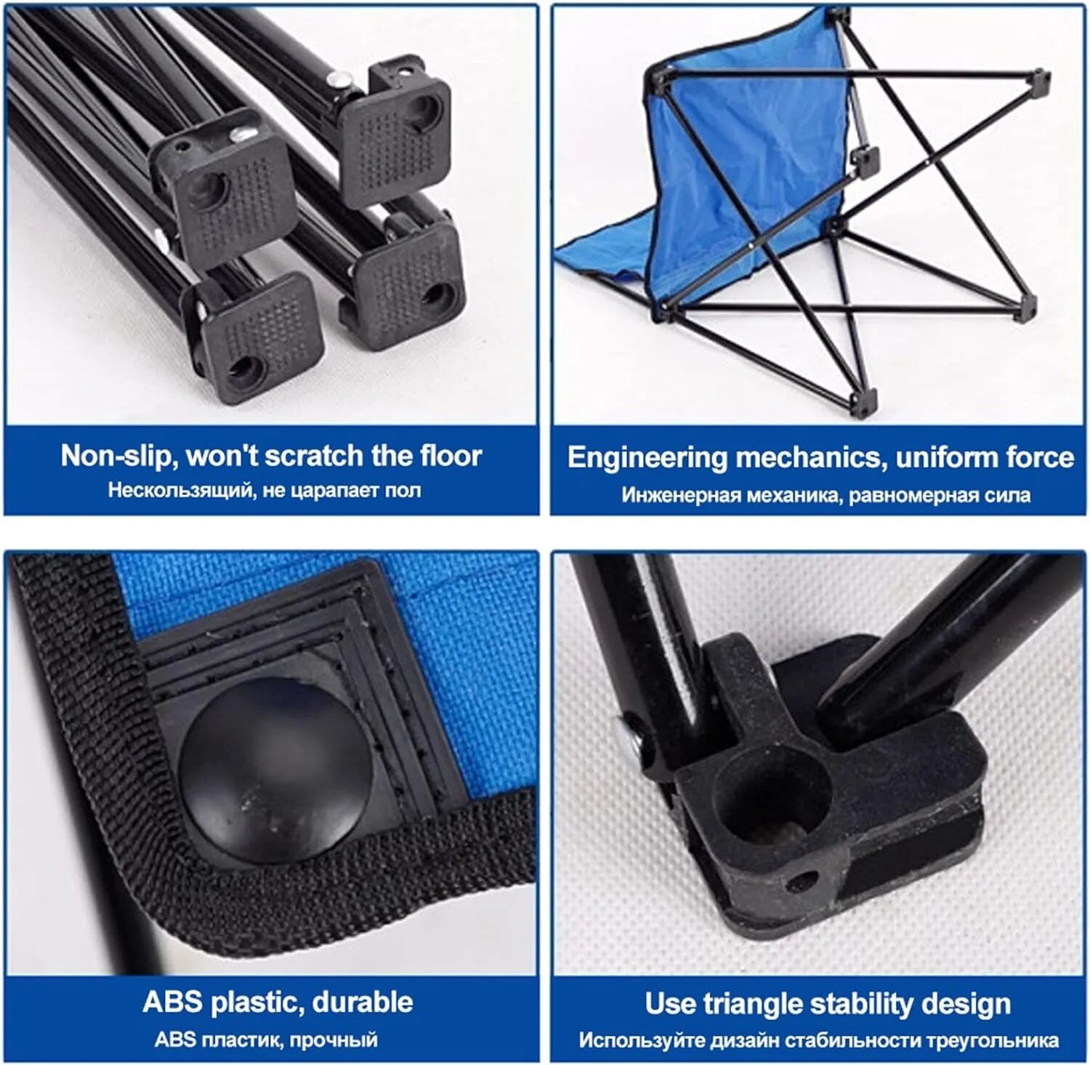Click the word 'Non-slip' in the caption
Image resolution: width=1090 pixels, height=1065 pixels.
[116, 456]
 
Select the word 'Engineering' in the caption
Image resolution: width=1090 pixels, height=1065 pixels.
[647, 458]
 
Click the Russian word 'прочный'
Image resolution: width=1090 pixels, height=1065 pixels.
[334, 1040]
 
